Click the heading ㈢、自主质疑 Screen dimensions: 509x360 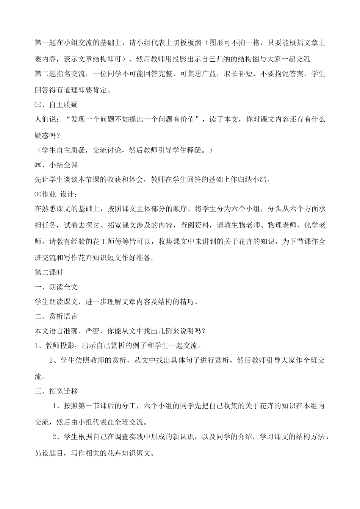[x=56, y=104]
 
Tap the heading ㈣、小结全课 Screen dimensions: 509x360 [x=56, y=165]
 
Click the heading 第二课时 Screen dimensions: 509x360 [x=49, y=272]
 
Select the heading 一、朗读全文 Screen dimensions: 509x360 [x=56, y=287]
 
